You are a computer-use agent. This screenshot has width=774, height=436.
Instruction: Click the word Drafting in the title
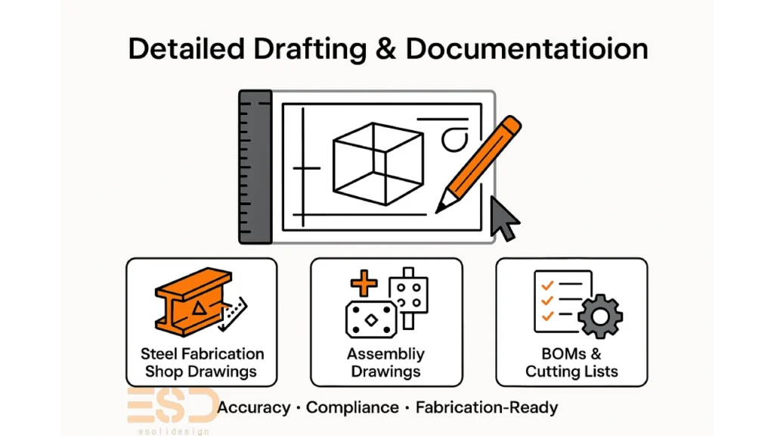[305, 48]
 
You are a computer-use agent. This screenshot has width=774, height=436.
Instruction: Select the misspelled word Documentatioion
[527, 48]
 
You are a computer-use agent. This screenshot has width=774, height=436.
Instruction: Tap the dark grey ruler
[255, 167]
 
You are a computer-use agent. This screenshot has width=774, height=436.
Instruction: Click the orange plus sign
[364, 284]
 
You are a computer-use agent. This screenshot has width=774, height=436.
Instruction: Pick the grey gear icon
[601, 316]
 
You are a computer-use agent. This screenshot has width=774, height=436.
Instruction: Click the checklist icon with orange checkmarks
[558, 301]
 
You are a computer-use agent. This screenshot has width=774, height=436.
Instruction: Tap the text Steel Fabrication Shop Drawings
[202, 363]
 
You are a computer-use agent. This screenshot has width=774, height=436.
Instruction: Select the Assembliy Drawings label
[385, 363]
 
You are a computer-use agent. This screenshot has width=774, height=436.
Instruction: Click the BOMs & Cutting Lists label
[571, 363]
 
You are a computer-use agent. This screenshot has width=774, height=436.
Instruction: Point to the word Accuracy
[254, 407]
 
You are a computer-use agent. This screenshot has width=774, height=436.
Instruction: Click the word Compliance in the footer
[352, 407]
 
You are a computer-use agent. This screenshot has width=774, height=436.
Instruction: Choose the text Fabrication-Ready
[487, 407]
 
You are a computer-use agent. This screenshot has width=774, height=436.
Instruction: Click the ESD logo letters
[171, 406]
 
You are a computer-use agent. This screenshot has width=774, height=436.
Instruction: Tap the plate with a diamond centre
[370, 319]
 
